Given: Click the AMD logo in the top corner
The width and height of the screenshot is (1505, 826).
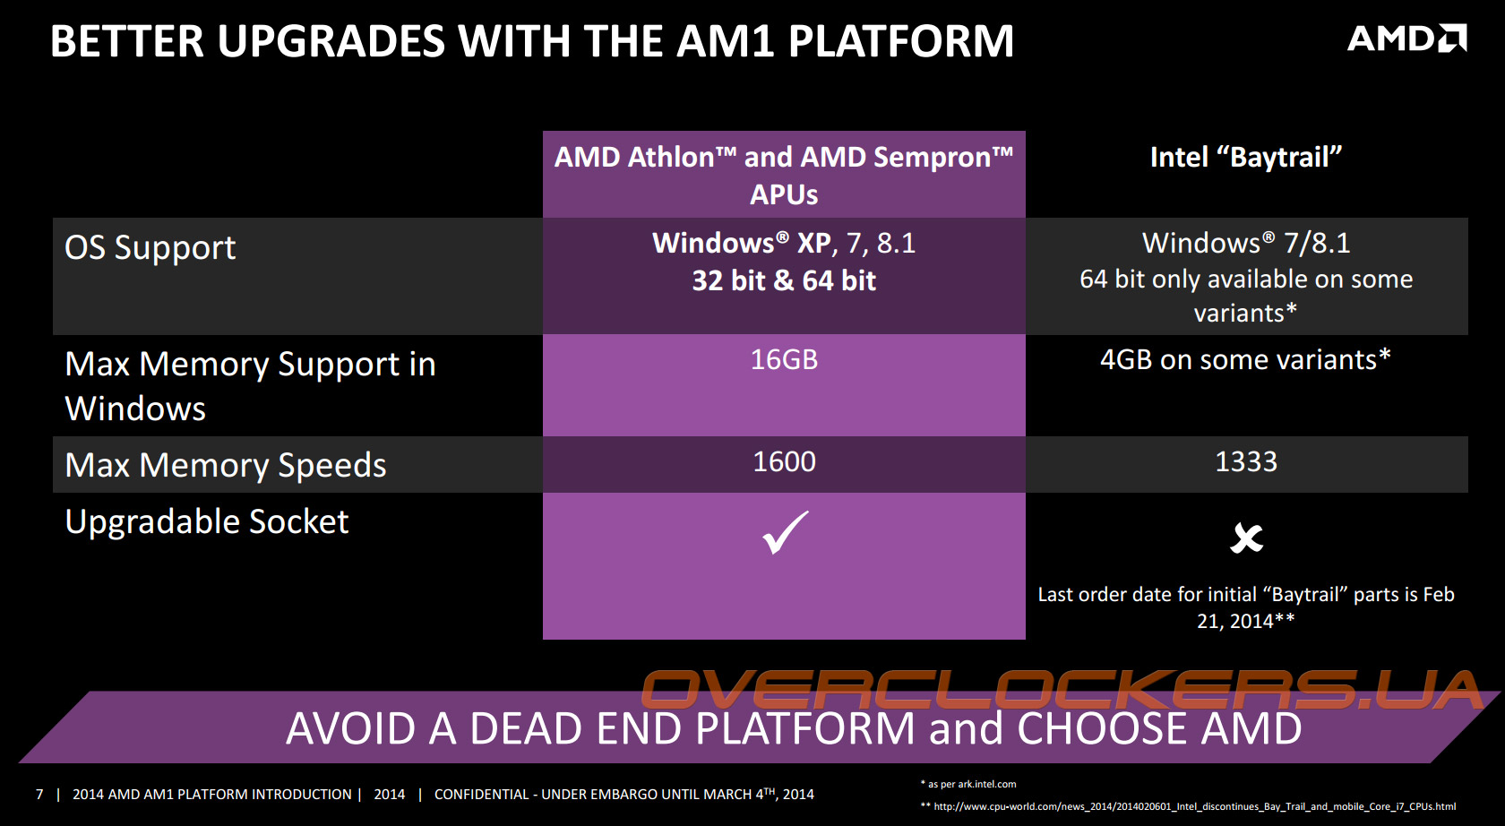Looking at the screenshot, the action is [x=1406, y=39].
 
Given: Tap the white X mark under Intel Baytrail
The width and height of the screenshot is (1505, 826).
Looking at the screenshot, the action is [x=1246, y=538].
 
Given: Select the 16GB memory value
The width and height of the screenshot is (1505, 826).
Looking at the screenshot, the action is [x=784, y=360].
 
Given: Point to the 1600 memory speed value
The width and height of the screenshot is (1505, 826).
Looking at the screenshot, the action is [x=784, y=461].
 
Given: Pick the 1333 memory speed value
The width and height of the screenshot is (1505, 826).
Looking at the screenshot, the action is [x=1246, y=461].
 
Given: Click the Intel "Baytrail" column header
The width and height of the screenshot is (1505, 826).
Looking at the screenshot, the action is [x=1246, y=158].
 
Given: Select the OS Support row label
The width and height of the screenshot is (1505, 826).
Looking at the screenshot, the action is [x=150, y=248].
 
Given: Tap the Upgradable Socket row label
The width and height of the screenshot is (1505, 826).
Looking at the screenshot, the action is [x=207, y=522].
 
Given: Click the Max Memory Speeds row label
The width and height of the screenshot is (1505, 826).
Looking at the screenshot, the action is [x=226, y=465].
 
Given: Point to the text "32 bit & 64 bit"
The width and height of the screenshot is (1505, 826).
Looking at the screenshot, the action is [x=784, y=281].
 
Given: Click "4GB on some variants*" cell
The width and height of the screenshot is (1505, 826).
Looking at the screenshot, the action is [x=1245, y=360].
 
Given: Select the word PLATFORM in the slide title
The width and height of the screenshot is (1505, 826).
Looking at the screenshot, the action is [x=901, y=41].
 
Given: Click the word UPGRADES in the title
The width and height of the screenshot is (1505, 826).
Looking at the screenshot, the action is [x=331, y=41].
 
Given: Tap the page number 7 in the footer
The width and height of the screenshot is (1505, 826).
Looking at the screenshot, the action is [x=39, y=795].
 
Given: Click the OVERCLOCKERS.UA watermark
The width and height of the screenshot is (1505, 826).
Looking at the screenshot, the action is [x=1062, y=690].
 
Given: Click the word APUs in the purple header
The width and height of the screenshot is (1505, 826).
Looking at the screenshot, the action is [x=784, y=195].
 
